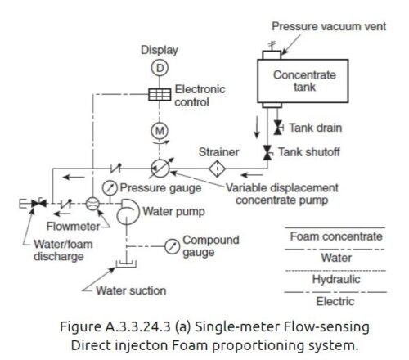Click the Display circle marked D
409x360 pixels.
(161, 67)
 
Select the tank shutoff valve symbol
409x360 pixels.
(267, 153)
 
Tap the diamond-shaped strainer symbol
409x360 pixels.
(218, 169)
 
